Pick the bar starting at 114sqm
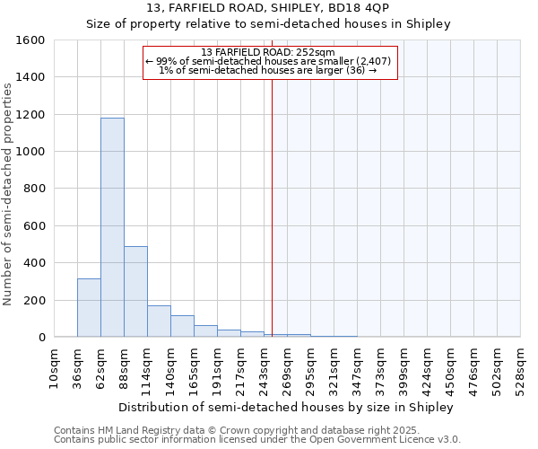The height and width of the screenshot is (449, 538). click(x=159, y=321)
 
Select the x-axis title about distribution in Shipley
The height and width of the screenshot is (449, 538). click(x=286, y=407)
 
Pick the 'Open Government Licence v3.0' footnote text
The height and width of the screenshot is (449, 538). click(x=387, y=439)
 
